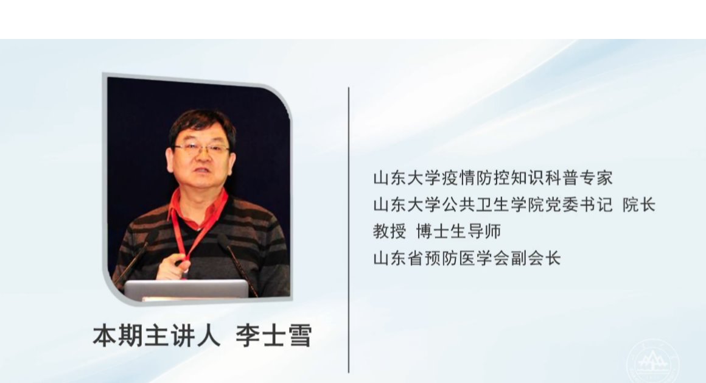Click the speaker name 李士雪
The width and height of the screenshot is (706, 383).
[x=274, y=336]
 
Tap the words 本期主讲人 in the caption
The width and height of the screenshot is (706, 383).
[x=156, y=336]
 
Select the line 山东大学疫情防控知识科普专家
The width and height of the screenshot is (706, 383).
[x=493, y=178]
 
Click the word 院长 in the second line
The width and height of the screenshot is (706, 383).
[x=639, y=205]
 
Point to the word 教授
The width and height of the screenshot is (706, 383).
[x=390, y=231]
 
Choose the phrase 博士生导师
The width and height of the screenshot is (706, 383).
[x=458, y=231]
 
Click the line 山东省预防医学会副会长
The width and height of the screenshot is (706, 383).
[x=467, y=259]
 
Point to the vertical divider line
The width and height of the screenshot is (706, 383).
[x=349, y=230]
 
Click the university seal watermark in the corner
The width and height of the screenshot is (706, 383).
[x=652, y=361]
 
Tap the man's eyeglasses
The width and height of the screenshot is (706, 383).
[x=201, y=148]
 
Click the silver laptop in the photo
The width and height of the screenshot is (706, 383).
[x=186, y=289]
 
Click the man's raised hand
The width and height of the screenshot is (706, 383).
[x=171, y=266]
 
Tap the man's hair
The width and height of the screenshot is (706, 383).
[x=202, y=125]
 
